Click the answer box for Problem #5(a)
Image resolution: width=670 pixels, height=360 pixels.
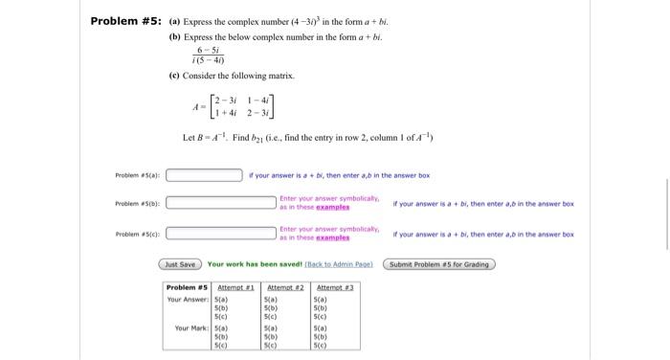[204, 175]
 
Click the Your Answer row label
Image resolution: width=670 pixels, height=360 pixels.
[188, 299]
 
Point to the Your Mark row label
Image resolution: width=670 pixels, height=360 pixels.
[192, 328]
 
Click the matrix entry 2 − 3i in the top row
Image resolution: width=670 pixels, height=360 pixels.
[227, 99]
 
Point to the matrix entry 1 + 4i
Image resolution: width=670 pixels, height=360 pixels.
[227, 113]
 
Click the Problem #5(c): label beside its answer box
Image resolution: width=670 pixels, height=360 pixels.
[139, 234]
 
